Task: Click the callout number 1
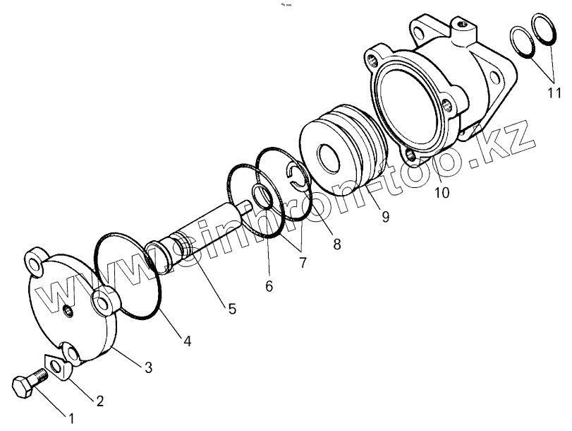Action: [71, 417]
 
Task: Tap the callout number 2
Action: [99, 401]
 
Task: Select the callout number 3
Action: [148, 367]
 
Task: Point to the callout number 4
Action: [187, 341]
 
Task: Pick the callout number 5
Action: [231, 308]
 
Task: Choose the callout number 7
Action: [303, 263]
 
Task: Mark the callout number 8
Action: [336, 244]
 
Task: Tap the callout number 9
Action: [385, 217]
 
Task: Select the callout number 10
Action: [441, 191]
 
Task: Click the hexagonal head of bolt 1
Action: [24, 388]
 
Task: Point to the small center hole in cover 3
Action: [66, 311]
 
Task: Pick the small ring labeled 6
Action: [262, 198]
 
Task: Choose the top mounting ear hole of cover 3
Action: [34, 262]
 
